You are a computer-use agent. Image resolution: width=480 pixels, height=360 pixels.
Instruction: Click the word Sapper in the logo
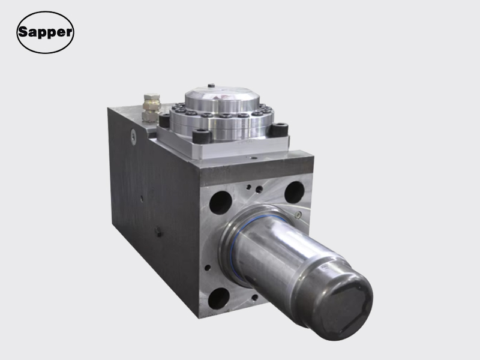46,32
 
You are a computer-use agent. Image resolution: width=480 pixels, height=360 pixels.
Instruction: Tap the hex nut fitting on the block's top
151,107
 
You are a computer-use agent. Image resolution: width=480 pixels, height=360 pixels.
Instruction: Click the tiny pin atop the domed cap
211,85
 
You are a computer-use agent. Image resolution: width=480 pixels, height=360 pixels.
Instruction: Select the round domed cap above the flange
222,98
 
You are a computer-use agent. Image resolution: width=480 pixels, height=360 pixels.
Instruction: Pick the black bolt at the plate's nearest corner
201,136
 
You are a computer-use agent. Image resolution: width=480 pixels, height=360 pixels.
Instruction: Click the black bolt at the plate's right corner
278,130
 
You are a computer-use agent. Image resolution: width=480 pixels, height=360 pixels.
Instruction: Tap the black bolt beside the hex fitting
164,121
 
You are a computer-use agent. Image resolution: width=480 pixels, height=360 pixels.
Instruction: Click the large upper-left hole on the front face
220,202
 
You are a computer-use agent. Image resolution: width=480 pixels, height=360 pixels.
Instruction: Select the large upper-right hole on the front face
294,192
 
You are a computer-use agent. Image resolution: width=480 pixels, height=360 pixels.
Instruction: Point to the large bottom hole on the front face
218,298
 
